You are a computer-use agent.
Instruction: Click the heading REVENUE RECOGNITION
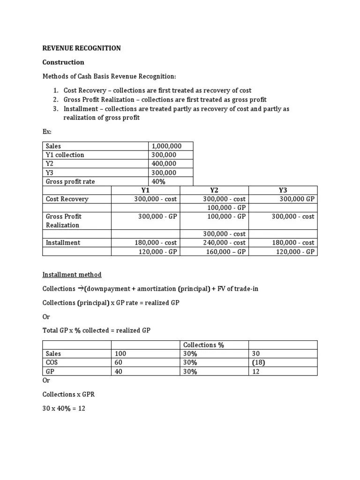(x=82, y=48)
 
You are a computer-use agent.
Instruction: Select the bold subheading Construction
(x=63, y=62)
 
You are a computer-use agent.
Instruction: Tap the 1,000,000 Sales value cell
(x=166, y=146)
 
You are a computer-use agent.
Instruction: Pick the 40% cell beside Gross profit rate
(x=159, y=181)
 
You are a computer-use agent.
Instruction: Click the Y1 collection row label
(x=65, y=155)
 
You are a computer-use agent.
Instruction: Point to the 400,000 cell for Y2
(x=164, y=164)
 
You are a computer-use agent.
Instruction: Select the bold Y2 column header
(x=214, y=190)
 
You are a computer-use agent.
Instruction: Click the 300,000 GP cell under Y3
(x=297, y=199)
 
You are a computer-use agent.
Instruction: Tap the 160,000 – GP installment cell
(x=226, y=252)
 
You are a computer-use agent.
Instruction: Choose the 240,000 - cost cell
(x=224, y=242)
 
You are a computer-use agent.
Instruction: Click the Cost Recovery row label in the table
(x=67, y=199)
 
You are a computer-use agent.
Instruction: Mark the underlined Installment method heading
(x=72, y=275)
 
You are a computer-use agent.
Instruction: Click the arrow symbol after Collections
(x=80, y=289)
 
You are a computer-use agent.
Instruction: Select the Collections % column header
(x=203, y=345)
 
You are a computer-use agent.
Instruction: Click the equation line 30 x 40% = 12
(x=64, y=408)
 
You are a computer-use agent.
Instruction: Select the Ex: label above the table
(x=47, y=132)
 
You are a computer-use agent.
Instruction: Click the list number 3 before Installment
(x=55, y=109)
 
